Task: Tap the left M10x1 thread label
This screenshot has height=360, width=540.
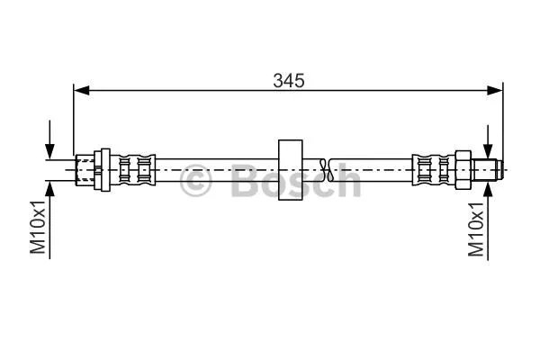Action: click(37, 229)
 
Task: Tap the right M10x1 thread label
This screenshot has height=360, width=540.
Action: click(476, 229)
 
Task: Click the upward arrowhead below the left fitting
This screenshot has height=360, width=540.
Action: click(52, 184)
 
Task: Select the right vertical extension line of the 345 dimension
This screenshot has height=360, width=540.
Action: click(502, 117)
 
